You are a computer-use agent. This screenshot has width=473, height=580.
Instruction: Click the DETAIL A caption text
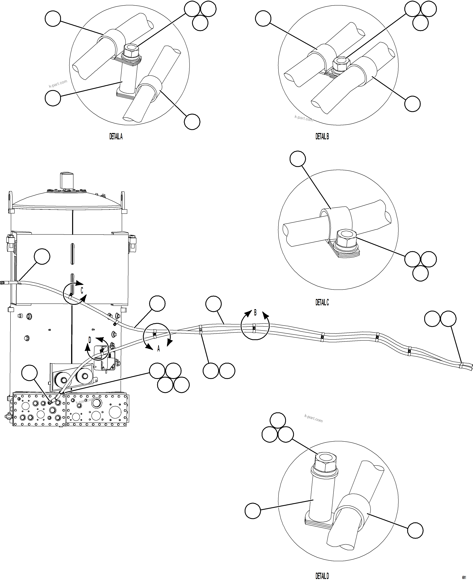point(116,136)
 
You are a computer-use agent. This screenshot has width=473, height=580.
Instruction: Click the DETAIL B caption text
point(322,136)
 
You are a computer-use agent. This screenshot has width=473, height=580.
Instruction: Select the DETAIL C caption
point(322,302)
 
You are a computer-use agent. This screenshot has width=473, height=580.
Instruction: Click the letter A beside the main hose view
point(158,349)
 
